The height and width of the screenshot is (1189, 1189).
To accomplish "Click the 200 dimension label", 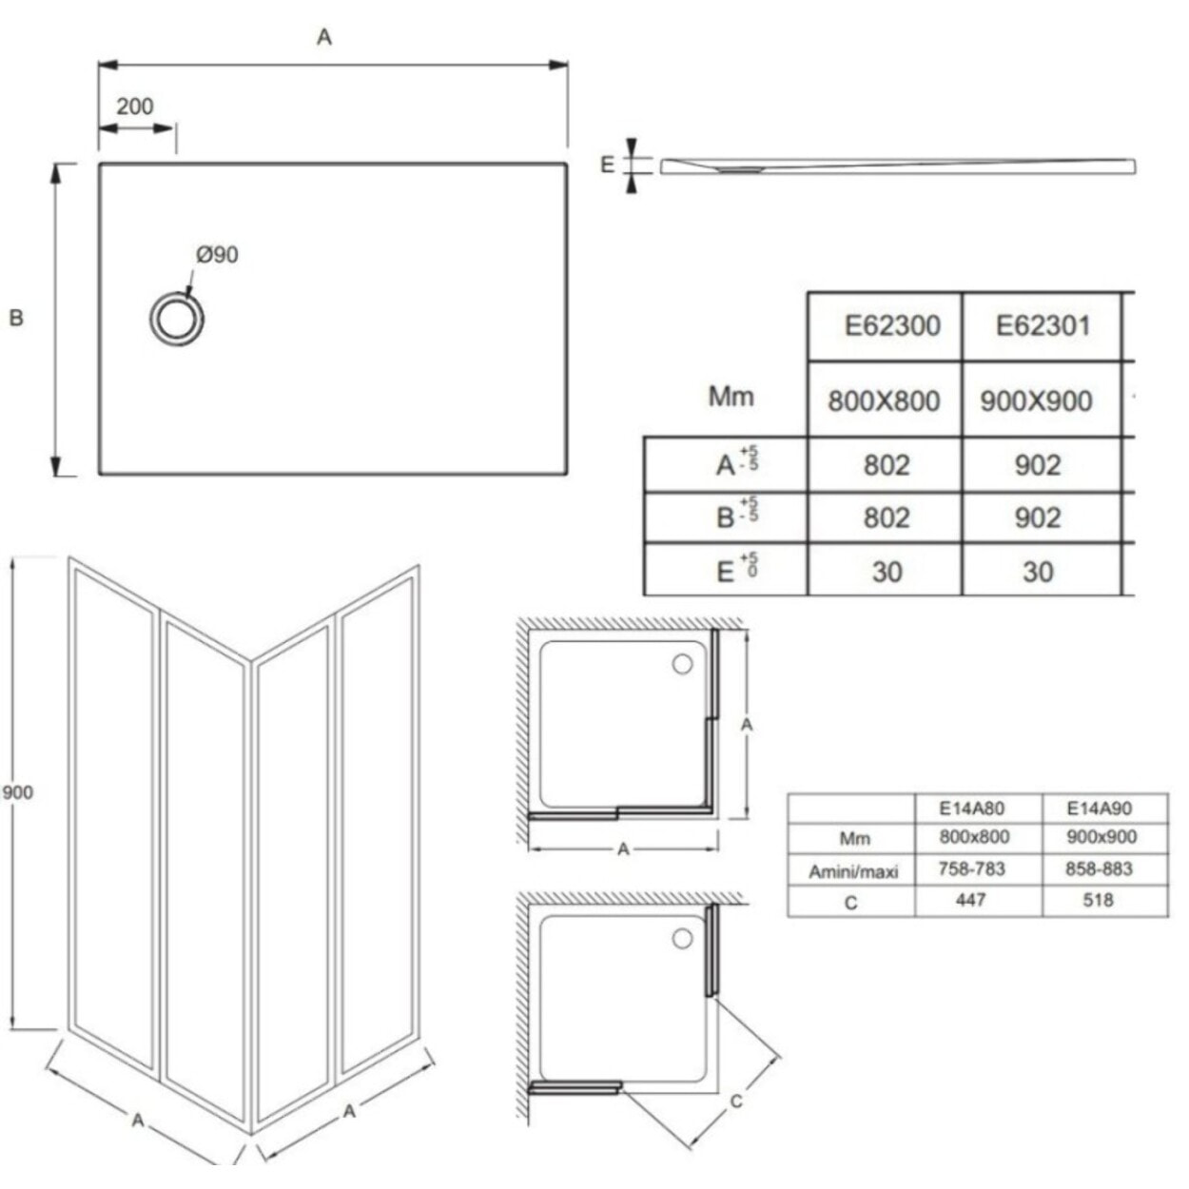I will (x=134, y=107).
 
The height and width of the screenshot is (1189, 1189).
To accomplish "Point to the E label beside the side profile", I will (x=608, y=165).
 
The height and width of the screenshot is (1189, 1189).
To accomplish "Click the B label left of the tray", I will (x=16, y=318).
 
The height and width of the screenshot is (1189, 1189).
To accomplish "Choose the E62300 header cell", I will (x=891, y=326).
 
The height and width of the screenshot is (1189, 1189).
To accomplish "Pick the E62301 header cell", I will (x=1043, y=326).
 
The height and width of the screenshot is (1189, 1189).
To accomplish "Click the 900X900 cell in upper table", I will (x=1036, y=400).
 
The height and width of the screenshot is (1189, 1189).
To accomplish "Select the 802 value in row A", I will (x=887, y=465).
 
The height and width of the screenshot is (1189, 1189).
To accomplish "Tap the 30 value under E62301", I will (x=1038, y=571).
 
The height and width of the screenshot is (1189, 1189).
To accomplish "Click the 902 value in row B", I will (x=1038, y=517).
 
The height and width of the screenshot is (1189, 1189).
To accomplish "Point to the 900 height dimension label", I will (x=17, y=792).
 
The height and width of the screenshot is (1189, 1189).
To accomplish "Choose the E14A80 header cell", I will (x=971, y=809).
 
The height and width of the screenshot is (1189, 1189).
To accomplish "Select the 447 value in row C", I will (x=970, y=900).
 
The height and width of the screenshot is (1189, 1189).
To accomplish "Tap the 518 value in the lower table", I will (x=1098, y=900).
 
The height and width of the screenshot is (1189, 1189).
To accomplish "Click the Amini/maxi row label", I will (x=853, y=871).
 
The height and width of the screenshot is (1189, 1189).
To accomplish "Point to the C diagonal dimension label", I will (x=735, y=1101).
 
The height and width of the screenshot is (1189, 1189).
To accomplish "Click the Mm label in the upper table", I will (x=731, y=397).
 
